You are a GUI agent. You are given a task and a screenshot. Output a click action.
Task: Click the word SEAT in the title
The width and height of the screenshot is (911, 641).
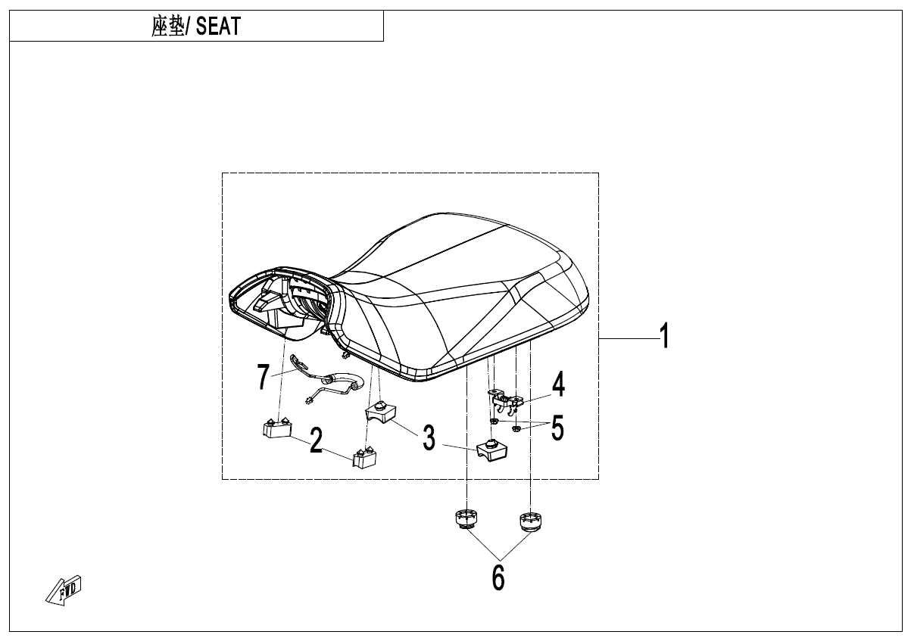pyautogui.click(x=218, y=26)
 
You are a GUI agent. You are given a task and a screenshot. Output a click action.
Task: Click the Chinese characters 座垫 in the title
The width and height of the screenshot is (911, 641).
pyautogui.click(x=168, y=26)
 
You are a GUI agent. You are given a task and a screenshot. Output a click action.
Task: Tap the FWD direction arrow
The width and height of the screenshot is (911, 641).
pyautogui.click(x=64, y=590)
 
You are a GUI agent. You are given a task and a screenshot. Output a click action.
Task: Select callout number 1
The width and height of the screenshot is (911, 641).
pyautogui.click(x=665, y=336)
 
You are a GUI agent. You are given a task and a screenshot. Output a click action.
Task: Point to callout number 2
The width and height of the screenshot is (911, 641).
pyautogui.click(x=316, y=440)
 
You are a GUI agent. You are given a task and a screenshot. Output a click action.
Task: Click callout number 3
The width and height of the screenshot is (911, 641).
pyautogui.click(x=429, y=437)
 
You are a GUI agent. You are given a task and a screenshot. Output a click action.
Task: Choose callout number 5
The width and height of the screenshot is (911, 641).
pyautogui.click(x=557, y=428)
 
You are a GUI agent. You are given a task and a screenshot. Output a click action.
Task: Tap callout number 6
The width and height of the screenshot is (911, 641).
pyautogui.click(x=498, y=577)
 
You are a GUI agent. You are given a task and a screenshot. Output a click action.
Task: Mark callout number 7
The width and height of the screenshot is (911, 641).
pyautogui.click(x=263, y=377)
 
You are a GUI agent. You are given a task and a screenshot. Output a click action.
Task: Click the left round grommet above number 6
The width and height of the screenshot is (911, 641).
pyautogui.click(x=466, y=520)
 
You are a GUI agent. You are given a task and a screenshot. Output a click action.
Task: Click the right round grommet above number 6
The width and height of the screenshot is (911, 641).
pyautogui.click(x=531, y=522)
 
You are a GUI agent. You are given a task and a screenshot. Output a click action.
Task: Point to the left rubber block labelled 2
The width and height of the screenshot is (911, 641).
pyautogui.click(x=276, y=429)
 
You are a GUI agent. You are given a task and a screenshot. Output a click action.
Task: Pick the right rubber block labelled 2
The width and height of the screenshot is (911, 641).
pyautogui.click(x=364, y=458)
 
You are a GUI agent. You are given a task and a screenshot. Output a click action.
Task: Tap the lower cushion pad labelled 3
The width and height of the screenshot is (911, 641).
pyautogui.click(x=492, y=449)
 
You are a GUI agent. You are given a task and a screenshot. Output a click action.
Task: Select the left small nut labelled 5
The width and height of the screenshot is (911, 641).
pyautogui.click(x=494, y=421)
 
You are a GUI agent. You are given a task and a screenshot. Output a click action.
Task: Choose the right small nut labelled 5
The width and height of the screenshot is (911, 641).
pyautogui.click(x=516, y=428)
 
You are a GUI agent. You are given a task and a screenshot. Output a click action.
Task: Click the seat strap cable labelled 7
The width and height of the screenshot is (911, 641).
pyautogui.click(x=329, y=380)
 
